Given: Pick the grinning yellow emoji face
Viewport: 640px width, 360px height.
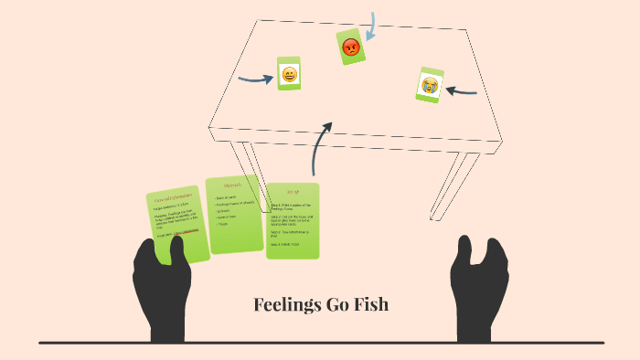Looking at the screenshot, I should click(289, 74).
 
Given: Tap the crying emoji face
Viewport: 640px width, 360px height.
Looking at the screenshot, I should click(428, 85).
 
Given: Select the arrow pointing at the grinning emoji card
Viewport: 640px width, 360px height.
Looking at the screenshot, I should click(255, 79).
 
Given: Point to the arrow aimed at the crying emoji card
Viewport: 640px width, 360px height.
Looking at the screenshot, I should click(464, 90).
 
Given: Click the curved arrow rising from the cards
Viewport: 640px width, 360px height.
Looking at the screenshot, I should click(320, 146).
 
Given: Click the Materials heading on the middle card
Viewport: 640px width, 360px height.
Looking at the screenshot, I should click(233, 186).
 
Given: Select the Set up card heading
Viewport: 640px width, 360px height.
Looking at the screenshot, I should click(293, 193).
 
